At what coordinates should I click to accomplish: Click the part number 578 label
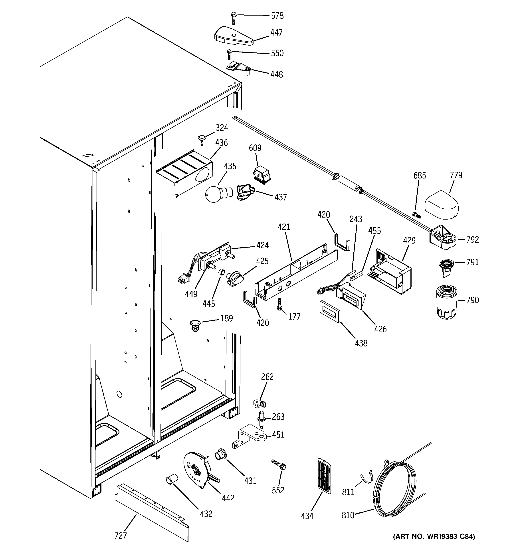[277, 16]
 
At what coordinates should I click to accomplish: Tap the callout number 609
[255, 148]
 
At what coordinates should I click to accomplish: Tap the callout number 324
[222, 128]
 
